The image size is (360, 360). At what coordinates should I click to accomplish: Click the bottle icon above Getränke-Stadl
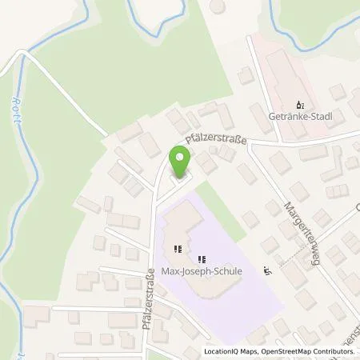[300, 104]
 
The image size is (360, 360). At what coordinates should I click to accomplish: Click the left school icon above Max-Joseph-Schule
[180, 247]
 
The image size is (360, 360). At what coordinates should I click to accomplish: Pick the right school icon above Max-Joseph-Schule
[202, 258]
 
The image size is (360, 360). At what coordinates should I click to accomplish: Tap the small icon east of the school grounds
[266, 270]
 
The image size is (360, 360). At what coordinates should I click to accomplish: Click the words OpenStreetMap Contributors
[308, 352]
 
